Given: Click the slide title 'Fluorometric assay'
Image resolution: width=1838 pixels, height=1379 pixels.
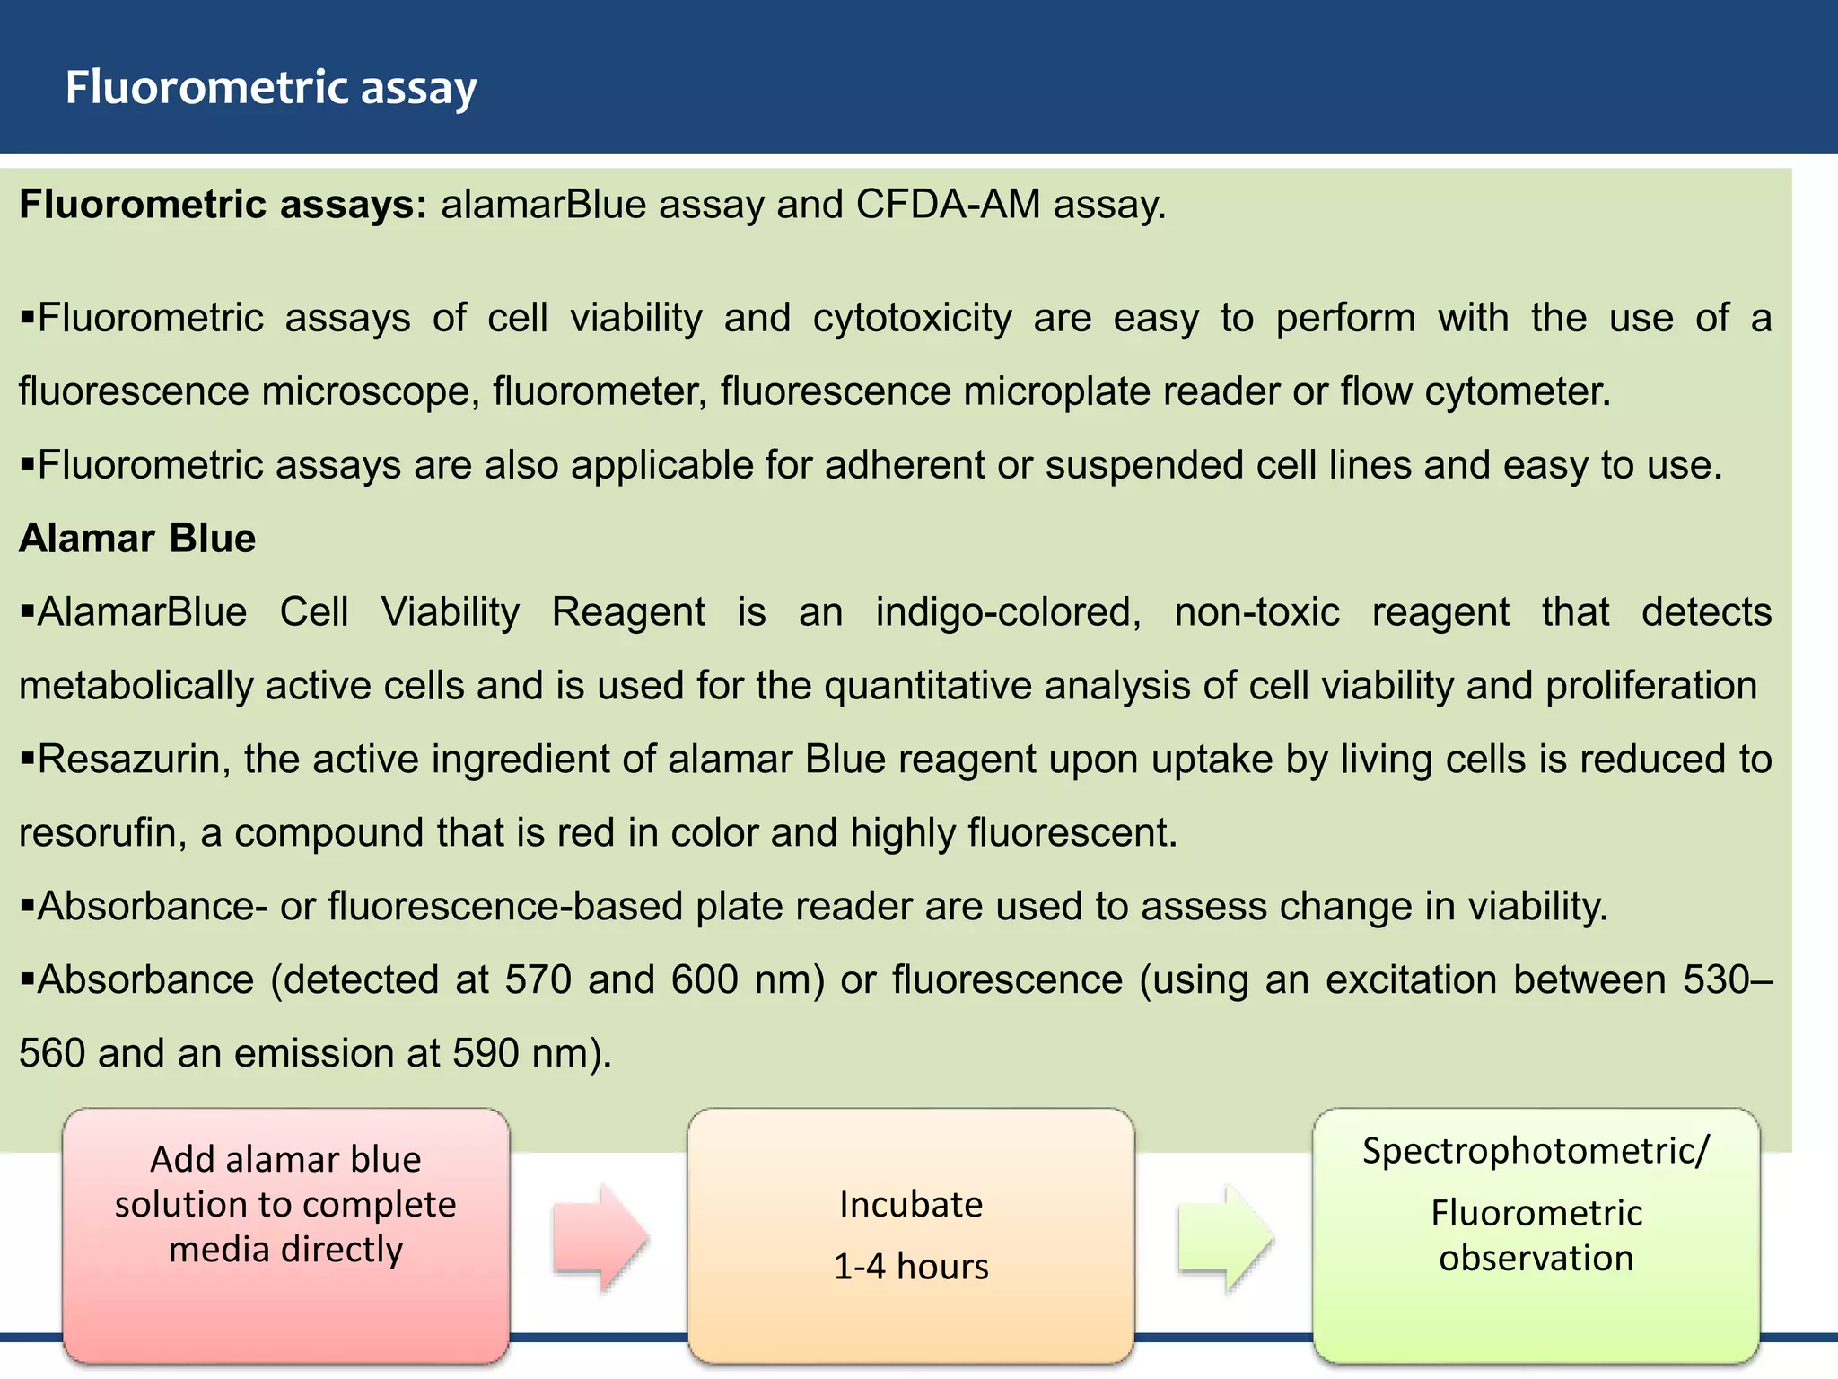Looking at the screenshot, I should click(270, 88).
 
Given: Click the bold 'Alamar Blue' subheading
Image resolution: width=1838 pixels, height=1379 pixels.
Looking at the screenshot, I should click(137, 539).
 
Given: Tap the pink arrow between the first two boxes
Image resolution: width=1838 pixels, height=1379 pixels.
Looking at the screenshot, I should click(600, 1238).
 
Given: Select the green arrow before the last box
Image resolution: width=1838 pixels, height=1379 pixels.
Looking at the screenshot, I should click(1225, 1238).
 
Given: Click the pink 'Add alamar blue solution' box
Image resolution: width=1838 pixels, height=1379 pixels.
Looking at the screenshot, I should click(286, 1235).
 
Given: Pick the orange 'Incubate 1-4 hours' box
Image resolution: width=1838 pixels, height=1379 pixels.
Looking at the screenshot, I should click(911, 1235).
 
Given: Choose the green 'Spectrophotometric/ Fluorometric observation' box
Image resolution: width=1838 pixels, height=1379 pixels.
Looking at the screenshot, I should click(1536, 1235).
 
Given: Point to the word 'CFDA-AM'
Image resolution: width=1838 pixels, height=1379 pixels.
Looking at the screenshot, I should click(948, 205).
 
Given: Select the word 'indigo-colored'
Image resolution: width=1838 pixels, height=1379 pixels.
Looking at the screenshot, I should click(1008, 612).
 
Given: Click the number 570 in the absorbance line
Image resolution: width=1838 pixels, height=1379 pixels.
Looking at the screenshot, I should click(538, 979).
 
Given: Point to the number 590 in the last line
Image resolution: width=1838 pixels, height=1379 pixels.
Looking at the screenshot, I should click(486, 1053).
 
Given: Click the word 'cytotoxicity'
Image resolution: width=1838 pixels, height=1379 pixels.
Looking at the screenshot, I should click(912, 319).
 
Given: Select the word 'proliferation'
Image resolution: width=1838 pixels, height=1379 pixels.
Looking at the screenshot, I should click(1650, 686).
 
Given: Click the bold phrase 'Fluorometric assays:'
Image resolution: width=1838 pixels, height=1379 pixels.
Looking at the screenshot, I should click(223, 205).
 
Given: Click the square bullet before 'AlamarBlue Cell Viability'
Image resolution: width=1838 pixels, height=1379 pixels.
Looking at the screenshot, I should click(27, 611).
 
